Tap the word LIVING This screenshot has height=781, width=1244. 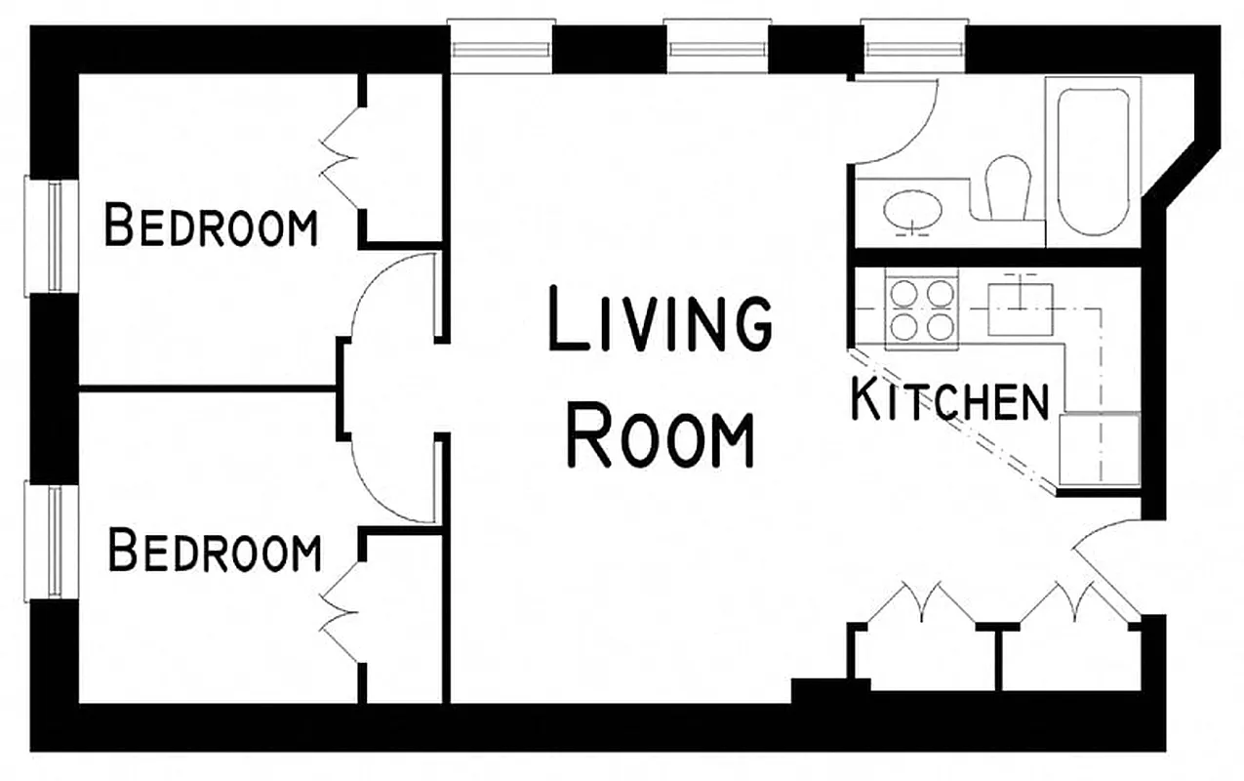pyautogui.click(x=661, y=318)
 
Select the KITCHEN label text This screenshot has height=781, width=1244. pyautogui.click(x=949, y=399)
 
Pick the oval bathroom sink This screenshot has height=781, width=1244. pyautogui.click(x=913, y=209)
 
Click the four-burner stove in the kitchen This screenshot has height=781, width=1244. pyautogui.click(x=920, y=309)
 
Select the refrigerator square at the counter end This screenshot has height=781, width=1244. pyautogui.click(x=1100, y=448)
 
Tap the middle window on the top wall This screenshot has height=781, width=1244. pyautogui.click(x=719, y=47)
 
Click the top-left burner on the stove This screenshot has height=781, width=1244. pyautogui.click(x=903, y=293)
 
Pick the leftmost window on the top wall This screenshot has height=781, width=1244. pyautogui.click(x=501, y=47)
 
